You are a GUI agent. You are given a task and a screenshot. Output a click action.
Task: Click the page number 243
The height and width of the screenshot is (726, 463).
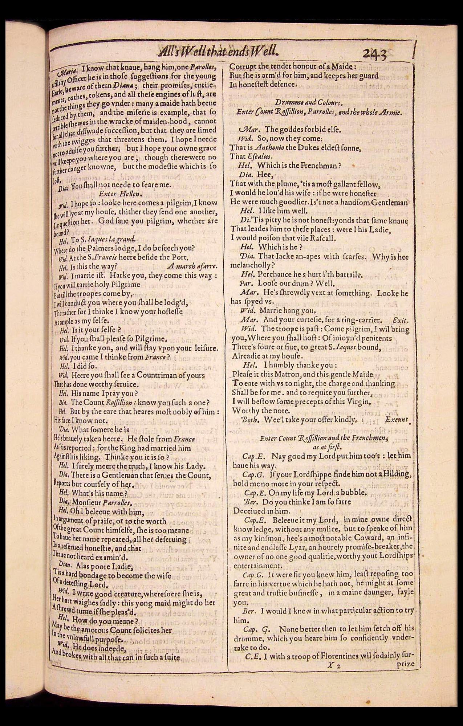tap(374, 54)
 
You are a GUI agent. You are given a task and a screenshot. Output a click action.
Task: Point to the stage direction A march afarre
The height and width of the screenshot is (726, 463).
tap(192, 266)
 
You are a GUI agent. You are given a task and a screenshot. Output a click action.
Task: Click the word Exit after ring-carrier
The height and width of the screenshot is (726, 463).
tap(401, 320)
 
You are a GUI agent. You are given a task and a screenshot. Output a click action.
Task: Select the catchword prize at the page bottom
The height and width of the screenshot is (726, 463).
tap(405, 664)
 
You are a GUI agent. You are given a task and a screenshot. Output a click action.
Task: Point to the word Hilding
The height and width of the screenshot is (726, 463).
tap(397, 474)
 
